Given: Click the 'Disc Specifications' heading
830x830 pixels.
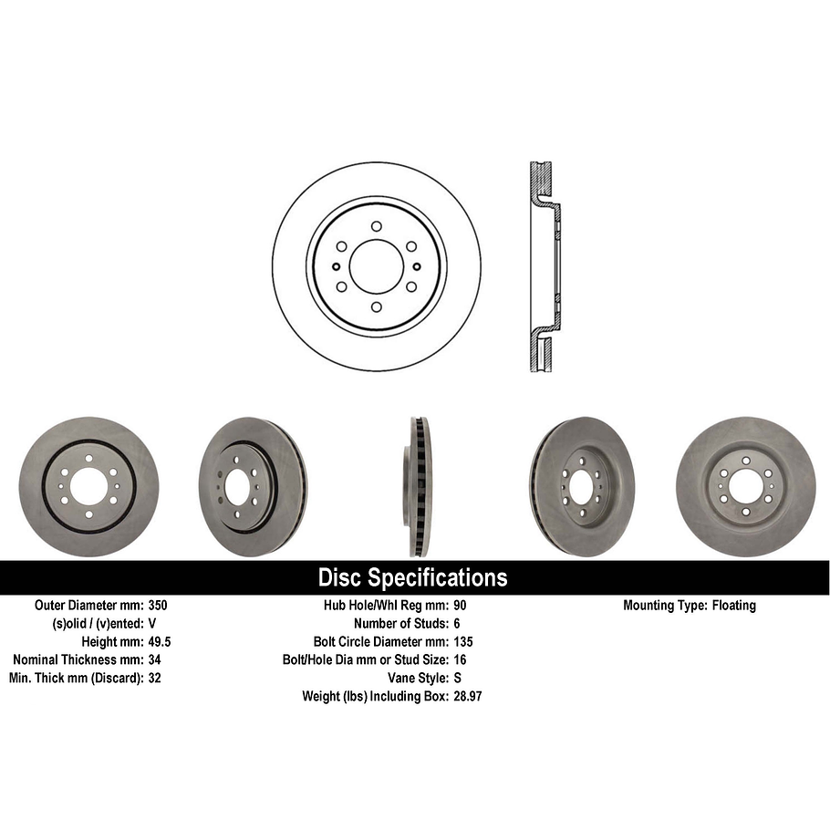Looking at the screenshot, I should [x=412, y=577].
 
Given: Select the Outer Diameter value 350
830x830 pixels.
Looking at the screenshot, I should [x=158, y=605].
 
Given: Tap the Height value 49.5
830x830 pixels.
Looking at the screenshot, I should [x=160, y=641].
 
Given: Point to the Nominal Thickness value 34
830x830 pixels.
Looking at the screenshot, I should [x=154, y=659].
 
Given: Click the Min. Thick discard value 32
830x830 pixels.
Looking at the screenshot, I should [x=154, y=678].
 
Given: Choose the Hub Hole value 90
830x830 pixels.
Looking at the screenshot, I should [x=460, y=605].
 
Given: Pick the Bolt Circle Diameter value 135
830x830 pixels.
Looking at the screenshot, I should [x=463, y=641].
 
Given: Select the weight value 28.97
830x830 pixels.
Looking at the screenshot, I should [x=468, y=696].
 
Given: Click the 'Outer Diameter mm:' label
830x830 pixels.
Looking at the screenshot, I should [x=88, y=605].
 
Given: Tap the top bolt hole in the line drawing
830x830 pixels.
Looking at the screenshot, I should [x=376, y=226].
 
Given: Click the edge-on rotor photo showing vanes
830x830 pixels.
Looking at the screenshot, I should [x=419, y=486].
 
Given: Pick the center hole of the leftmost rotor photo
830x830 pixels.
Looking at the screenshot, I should [x=88, y=486].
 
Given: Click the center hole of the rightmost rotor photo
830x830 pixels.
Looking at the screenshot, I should [x=746, y=483].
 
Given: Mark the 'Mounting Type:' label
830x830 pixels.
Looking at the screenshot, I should [x=663, y=605].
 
